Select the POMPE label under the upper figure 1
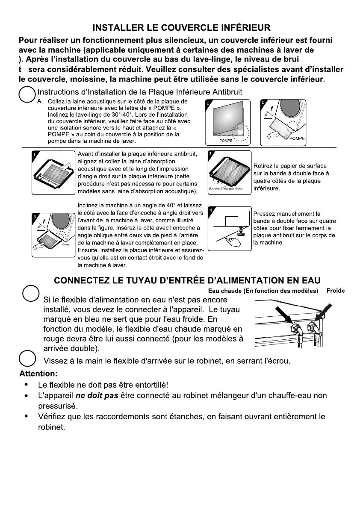click(226, 140)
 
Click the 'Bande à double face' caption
click(226, 188)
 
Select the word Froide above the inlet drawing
click(335, 291)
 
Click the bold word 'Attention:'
click(38, 374)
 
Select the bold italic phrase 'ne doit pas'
click(100, 395)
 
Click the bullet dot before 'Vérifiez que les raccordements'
click(27, 416)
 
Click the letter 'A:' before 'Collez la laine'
click(40, 102)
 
